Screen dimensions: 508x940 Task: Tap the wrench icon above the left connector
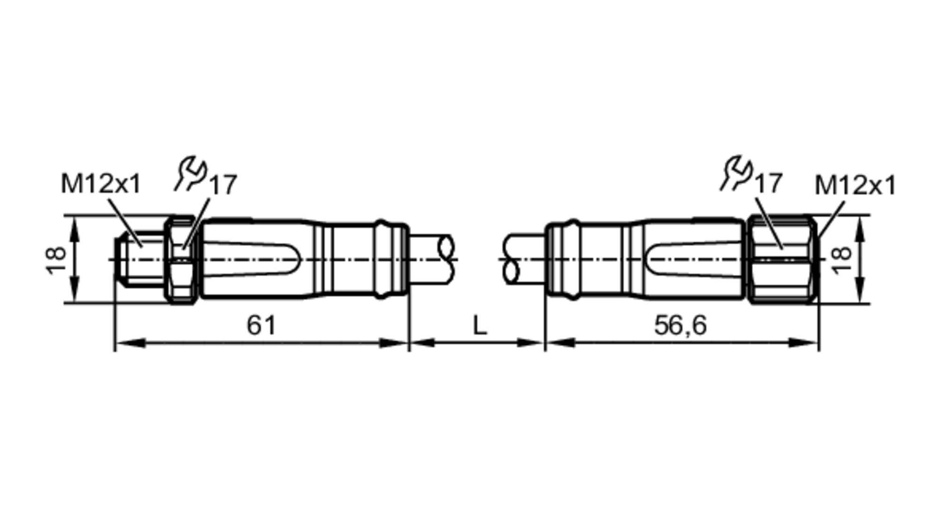191,174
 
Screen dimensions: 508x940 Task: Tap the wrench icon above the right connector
736,174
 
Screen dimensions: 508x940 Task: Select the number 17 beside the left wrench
223,185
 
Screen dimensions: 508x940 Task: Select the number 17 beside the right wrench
768,183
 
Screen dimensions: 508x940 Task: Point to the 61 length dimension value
261,325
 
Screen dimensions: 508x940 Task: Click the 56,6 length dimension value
680,325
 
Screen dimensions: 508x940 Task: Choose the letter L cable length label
479,325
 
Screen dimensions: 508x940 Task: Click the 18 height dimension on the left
56,260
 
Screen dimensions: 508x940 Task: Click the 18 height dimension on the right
841,260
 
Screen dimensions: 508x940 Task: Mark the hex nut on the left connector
181,260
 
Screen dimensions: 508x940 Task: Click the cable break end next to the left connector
446,260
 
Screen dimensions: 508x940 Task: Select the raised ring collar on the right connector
572,260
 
